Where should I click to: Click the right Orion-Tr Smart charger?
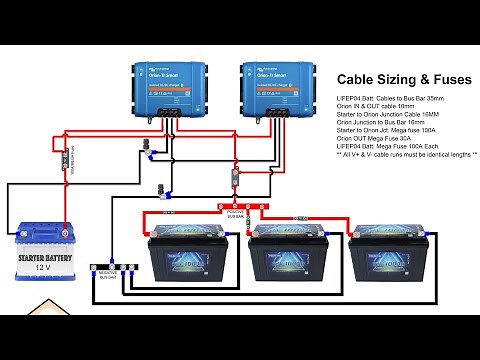tap(269, 87)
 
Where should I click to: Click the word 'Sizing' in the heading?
tap(395, 79)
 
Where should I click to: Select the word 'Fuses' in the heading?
tap(451, 79)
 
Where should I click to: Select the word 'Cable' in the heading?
tap(356, 79)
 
